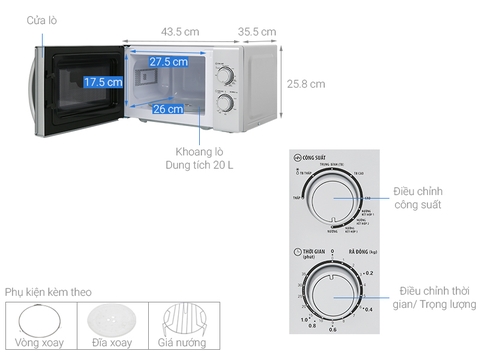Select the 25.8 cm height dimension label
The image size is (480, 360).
(x=306, y=84)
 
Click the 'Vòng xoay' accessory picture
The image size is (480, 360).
(x=40, y=322)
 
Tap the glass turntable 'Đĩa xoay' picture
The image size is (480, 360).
(x=113, y=321)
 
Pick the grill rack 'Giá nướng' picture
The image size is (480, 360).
(x=186, y=321)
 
